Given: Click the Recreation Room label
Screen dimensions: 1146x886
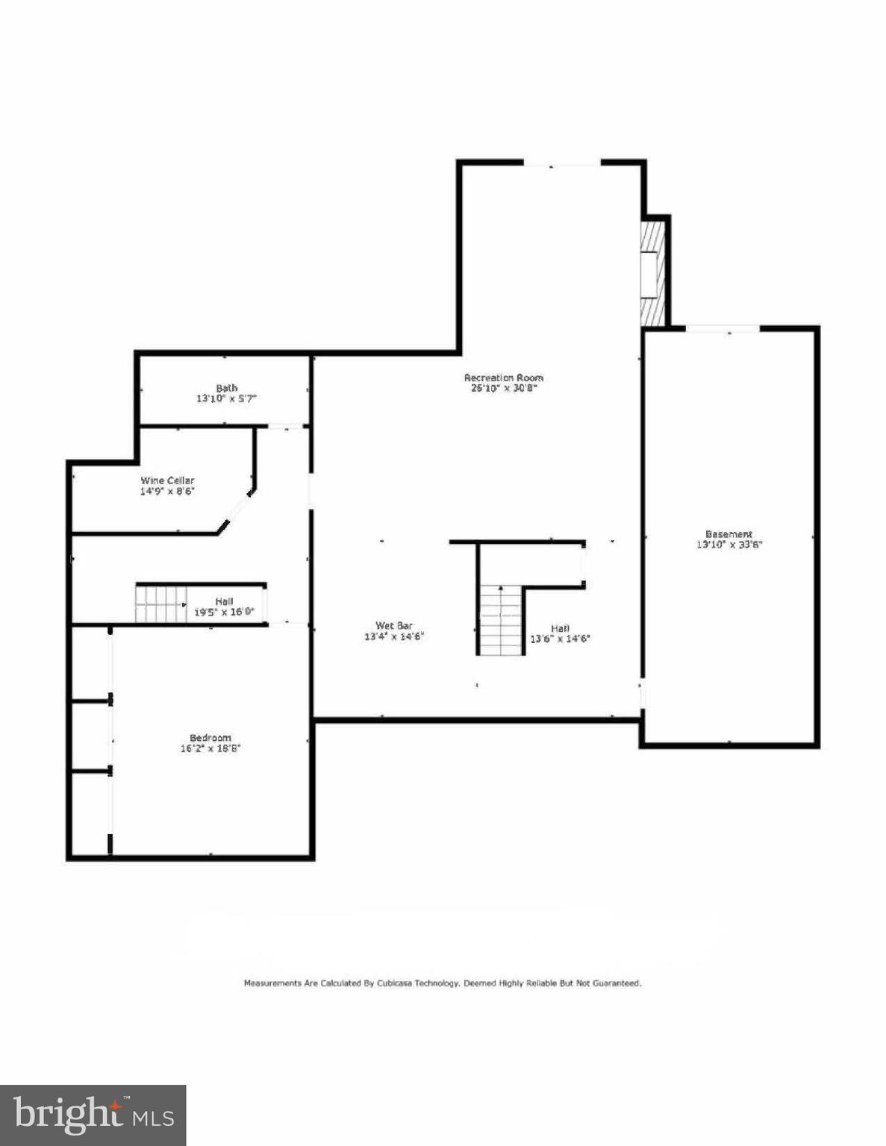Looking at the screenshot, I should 503,378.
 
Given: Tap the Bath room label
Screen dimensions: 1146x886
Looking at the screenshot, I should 227,388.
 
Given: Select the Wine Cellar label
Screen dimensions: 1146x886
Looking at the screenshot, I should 167,480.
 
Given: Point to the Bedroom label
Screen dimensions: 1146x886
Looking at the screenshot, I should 210,738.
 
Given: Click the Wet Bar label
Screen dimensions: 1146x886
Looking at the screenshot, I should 394,626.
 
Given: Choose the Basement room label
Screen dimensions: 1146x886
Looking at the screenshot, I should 729,534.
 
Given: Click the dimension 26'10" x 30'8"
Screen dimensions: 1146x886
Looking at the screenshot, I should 503,388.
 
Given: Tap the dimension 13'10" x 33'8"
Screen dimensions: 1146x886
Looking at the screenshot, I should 729,545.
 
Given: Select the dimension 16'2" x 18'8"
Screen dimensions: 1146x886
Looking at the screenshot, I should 210,748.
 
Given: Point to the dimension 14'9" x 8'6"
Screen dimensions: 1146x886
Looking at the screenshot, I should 167,491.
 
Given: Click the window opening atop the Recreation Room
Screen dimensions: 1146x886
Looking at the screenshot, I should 562,163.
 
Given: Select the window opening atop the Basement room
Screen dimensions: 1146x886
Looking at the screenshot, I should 723,328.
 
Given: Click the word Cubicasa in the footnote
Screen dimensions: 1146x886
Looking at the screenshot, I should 417,983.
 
